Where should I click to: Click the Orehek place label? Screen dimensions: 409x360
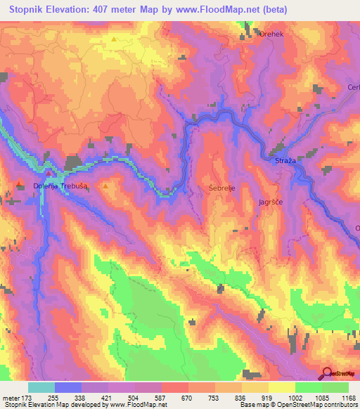click(272, 33)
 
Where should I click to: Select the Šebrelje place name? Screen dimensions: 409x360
click(223, 188)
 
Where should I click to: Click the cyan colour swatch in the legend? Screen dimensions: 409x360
click(41, 387)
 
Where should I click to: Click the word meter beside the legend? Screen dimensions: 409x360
click(11, 397)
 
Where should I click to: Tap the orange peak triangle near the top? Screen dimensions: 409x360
click(113, 39)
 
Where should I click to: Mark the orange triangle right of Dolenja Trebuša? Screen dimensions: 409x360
click(105, 186)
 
